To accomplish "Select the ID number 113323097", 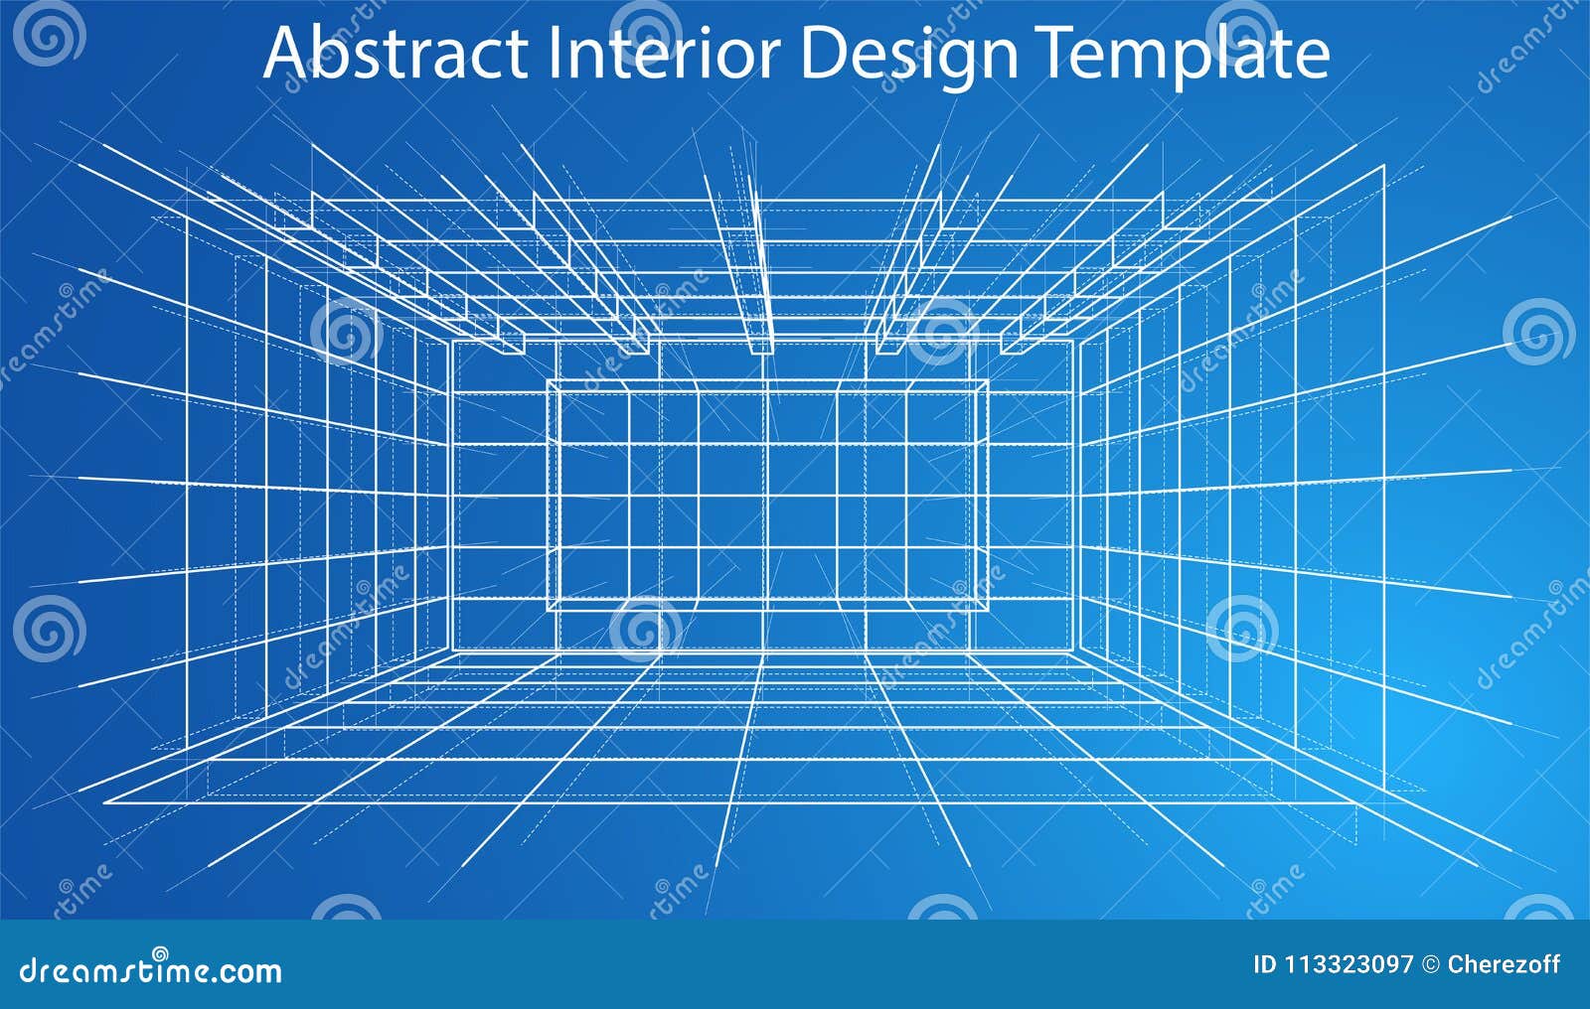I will [1349, 964].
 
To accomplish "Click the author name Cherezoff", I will [1504, 964].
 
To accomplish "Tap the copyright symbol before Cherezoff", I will [1431, 964].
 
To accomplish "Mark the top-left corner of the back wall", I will [453, 340].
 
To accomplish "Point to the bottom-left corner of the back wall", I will [453, 650].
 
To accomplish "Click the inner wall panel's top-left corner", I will [549, 380].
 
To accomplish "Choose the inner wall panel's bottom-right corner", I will [989, 608].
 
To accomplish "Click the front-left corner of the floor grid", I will [104, 800].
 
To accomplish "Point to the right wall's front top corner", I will [1384, 166].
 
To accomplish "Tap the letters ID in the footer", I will [1264, 964].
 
